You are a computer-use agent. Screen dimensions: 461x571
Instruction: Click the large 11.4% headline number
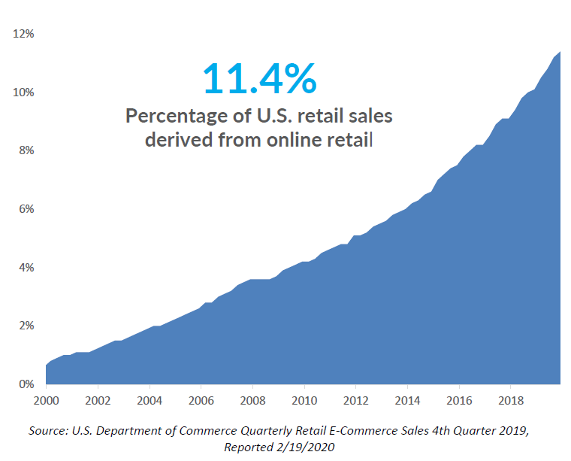[259, 77]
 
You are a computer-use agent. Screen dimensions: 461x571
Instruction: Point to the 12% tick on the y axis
[23, 35]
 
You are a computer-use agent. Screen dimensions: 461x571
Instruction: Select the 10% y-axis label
[23, 93]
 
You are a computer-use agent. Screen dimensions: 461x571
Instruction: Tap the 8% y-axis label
[26, 151]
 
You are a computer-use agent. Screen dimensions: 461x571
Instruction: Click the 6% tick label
[26, 209]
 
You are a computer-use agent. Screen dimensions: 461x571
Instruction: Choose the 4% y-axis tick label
[26, 268]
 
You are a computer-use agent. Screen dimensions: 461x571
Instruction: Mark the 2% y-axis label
[26, 326]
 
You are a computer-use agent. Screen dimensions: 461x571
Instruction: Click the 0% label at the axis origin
[26, 384]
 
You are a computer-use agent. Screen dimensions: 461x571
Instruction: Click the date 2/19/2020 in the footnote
[304, 447]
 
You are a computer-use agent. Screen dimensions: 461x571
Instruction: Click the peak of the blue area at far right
[558, 53]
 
